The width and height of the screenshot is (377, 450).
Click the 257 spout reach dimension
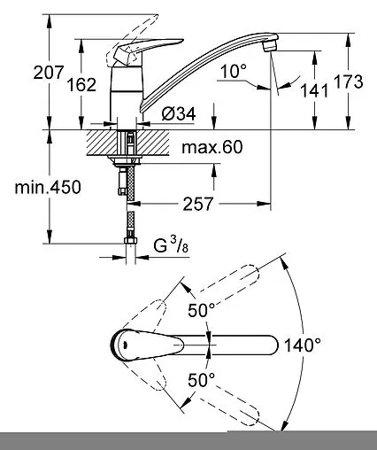pos(203,205)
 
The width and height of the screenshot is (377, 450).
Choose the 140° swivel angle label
pos(303,345)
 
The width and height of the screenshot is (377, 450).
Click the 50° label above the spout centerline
pos(203,311)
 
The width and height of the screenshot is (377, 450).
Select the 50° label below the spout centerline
pos(203,379)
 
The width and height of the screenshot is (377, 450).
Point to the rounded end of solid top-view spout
pos(270,345)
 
